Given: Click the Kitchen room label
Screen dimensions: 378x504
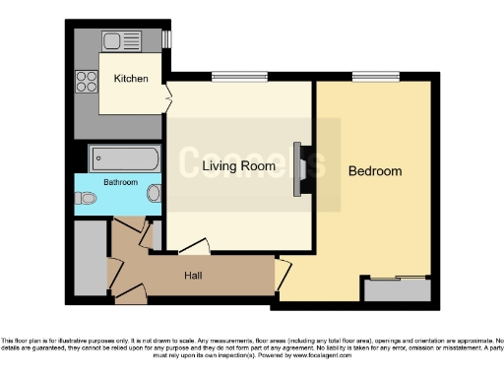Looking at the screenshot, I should pyautogui.click(x=131, y=79).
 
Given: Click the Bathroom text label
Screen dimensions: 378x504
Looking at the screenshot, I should pyautogui.click(x=120, y=182).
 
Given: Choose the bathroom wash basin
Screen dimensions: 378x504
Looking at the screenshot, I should pyautogui.click(x=155, y=194).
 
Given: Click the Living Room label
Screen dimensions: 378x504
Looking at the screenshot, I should pyautogui.click(x=238, y=166).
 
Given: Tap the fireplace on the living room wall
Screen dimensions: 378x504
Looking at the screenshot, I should pyautogui.click(x=300, y=164).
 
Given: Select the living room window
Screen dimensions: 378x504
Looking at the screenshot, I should pyautogui.click(x=234, y=80).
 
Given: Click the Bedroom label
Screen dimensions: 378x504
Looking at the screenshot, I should pyautogui.click(x=375, y=171).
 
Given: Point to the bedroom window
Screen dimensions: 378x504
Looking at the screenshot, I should pyautogui.click(x=376, y=77).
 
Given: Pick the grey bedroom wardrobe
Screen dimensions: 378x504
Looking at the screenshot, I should pyautogui.click(x=397, y=290).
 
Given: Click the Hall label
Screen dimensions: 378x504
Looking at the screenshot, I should pyautogui.click(x=193, y=275).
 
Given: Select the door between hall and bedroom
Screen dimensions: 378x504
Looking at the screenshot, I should pyautogui.click(x=283, y=278).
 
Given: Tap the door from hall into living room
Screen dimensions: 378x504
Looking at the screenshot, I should pyautogui.click(x=194, y=248).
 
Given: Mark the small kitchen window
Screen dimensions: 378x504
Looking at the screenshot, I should pyautogui.click(x=166, y=39).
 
